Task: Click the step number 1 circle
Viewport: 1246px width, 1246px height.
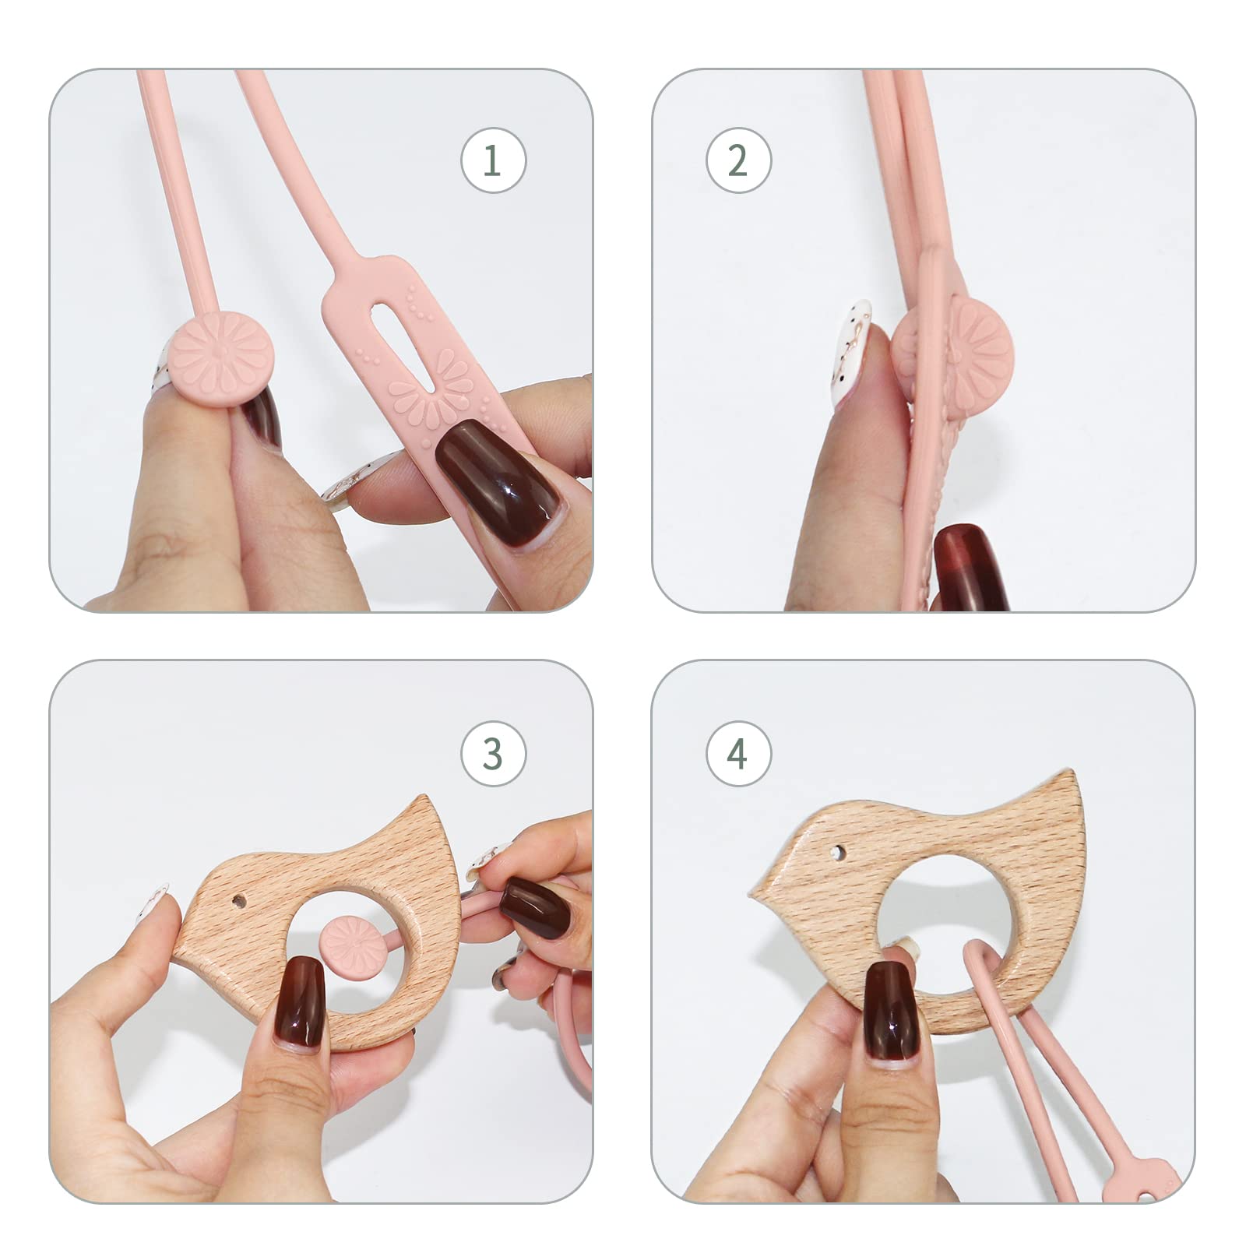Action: point(493,160)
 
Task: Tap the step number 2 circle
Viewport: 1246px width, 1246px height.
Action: point(738,160)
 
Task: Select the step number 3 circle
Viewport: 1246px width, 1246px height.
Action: point(493,753)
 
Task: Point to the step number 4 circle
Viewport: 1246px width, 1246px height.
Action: point(738,753)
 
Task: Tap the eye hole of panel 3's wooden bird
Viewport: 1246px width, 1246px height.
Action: point(240,903)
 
